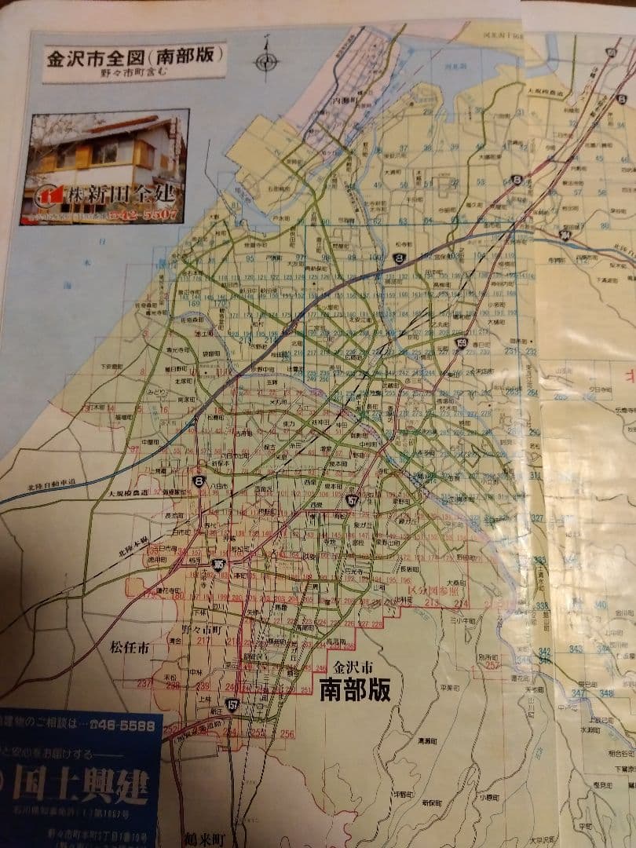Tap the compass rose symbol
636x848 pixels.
point(266,60)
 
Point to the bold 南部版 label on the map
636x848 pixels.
point(354,689)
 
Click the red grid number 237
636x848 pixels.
point(144,683)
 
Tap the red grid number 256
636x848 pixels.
point(287,734)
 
